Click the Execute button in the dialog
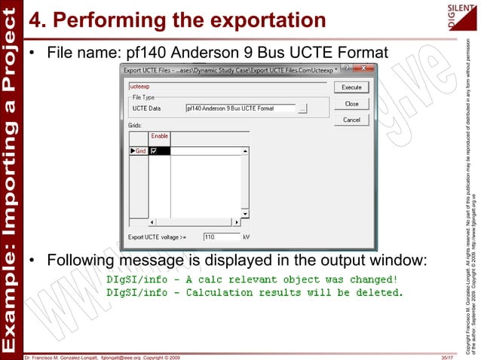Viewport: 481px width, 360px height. (x=351, y=87)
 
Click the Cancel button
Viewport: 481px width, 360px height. (x=351, y=120)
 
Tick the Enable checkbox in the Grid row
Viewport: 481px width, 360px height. (x=154, y=151)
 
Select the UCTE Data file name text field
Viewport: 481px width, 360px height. (x=240, y=108)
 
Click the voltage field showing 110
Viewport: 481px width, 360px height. (x=219, y=236)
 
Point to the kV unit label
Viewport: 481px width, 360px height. (x=246, y=236)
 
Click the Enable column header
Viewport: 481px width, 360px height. (x=160, y=136)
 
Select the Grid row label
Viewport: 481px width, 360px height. (x=139, y=151)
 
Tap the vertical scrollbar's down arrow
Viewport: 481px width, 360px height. (x=244, y=214)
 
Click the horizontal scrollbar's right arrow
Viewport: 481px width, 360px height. (x=235, y=222)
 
